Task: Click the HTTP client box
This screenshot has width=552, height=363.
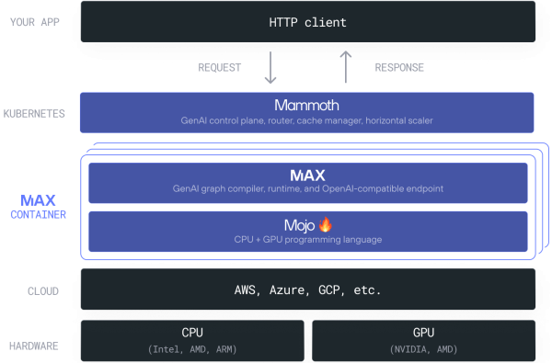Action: point(307,20)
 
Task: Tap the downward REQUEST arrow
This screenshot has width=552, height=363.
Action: point(271,68)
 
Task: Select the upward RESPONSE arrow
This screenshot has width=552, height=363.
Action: point(346,67)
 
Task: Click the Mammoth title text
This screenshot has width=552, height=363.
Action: point(307,105)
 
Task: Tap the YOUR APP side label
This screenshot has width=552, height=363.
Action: point(35,21)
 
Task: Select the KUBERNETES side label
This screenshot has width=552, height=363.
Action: point(34,113)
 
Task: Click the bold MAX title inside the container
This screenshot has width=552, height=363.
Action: point(307,175)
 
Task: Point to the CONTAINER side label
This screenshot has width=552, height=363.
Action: point(38,214)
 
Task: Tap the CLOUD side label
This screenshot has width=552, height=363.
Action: point(42,291)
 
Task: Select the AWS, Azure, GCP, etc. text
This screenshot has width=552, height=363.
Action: point(307,290)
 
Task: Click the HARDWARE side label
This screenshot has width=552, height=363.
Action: point(35,346)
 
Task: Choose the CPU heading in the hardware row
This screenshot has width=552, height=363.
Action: point(192,333)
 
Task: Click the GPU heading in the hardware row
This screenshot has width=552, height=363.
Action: point(423,333)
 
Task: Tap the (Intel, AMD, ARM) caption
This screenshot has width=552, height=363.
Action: point(192,349)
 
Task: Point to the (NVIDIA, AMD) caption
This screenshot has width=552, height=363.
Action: point(423,349)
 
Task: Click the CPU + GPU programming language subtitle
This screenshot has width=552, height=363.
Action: point(307,240)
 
